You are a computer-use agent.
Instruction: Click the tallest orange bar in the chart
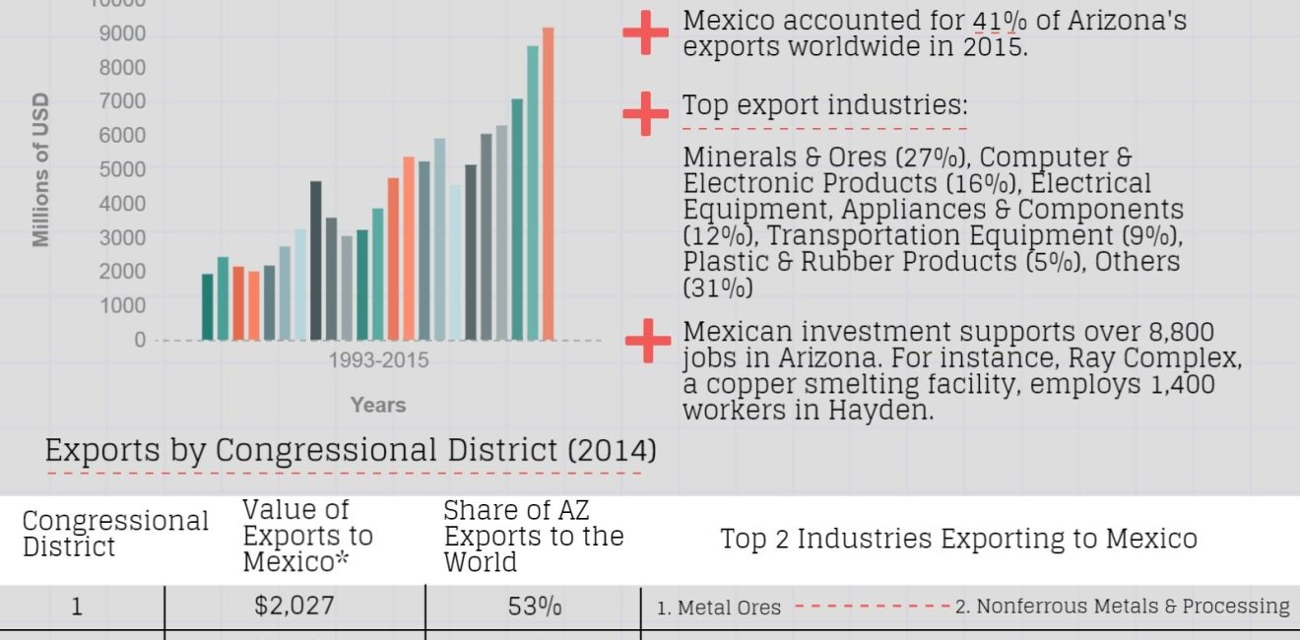549,184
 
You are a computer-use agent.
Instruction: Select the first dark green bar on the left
208,306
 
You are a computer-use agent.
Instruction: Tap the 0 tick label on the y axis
139,340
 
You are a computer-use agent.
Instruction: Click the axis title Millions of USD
40,170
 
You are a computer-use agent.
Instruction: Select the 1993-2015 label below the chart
378,360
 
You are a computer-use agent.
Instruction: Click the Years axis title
378,405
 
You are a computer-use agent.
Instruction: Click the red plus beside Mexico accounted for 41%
646,33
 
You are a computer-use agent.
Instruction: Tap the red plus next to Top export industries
646,113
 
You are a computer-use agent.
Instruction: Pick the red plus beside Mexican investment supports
647,341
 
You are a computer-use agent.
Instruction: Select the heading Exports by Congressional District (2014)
351,451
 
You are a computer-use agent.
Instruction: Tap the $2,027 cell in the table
294,607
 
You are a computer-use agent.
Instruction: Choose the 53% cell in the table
535,607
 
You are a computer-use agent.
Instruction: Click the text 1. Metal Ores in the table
719,608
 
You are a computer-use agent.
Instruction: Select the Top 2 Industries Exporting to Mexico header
958,539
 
